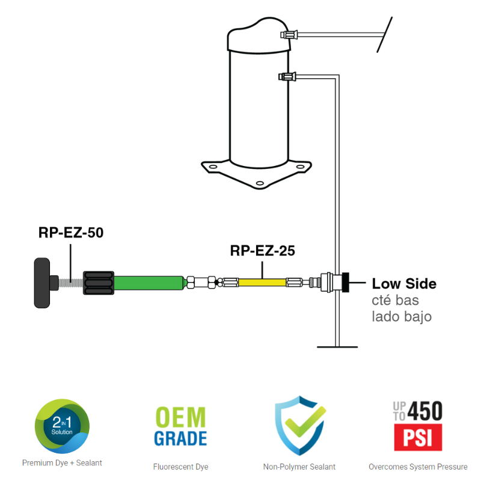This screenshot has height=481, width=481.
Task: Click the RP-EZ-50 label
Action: click(x=71, y=233)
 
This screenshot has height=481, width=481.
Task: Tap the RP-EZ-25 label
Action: click(x=263, y=251)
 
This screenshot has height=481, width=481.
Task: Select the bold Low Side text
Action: click(x=404, y=284)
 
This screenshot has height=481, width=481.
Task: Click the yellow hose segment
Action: click(x=262, y=282)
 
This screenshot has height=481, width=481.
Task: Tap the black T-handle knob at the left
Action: click(x=42, y=283)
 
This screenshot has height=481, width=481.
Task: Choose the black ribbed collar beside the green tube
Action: click(x=99, y=283)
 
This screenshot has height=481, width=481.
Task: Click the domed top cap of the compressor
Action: click(x=259, y=35)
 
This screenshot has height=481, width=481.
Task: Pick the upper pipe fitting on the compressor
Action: click(x=289, y=35)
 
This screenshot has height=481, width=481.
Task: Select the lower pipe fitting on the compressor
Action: click(x=287, y=76)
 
